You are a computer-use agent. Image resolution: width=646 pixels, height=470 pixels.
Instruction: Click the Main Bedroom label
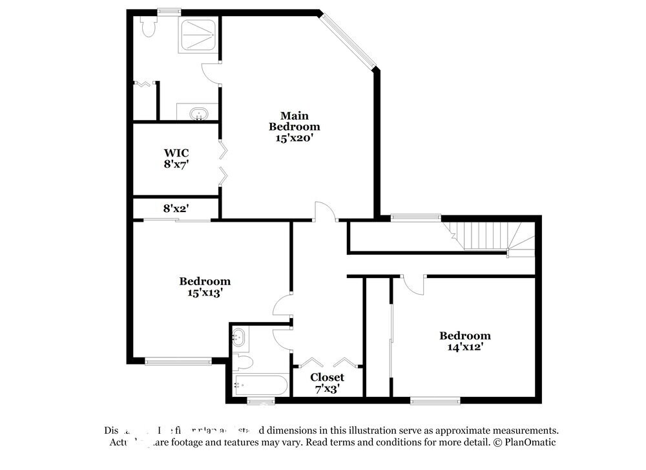tap(295, 121)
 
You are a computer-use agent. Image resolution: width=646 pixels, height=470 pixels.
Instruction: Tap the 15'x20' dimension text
tap(295, 138)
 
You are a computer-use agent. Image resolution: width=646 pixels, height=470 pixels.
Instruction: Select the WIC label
tap(176, 153)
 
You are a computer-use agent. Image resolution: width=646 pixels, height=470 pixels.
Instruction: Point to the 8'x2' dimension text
tap(176, 208)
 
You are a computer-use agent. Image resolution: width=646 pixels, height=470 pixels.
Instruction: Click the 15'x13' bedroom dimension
tap(205, 292)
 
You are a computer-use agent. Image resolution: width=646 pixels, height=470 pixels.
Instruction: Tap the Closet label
tap(327, 377)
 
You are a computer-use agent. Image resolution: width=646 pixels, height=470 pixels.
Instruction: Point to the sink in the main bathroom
tap(199, 114)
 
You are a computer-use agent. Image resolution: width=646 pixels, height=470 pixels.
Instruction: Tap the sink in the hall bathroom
tap(239, 337)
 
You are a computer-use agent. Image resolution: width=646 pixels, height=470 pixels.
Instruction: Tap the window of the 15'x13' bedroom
tap(178, 361)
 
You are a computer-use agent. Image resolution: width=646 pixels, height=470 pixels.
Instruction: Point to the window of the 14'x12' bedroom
tap(435, 401)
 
